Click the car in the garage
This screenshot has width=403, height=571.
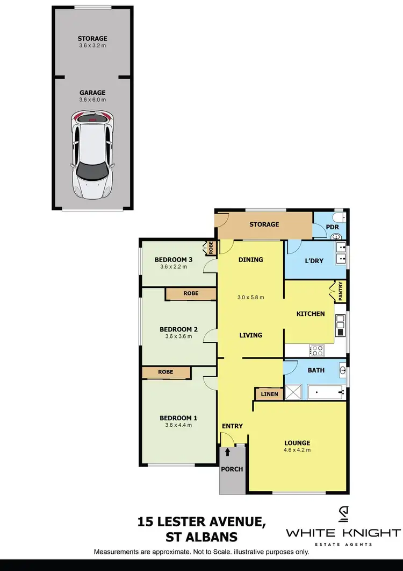pyautogui.click(x=92, y=154)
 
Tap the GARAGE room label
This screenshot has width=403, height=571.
pyautogui.click(x=92, y=93)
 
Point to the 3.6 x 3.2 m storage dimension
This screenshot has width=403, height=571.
pyautogui.click(x=92, y=46)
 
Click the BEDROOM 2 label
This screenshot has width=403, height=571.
pyautogui.click(x=178, y=329)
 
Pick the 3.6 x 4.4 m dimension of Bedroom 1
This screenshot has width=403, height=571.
pyautogui.click(x=178, y=425)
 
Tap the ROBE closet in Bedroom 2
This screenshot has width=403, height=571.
pyautogui.click(x=191, y=293)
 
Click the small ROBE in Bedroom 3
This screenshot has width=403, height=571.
pyautogui.click(x=211, y=248)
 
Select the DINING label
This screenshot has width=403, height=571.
pyautogui.click(x=250, y=259)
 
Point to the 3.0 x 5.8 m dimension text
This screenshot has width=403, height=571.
pyautogui.click(x=250, y=297)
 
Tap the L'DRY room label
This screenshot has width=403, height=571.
pyautogui.click(x=314, y=261)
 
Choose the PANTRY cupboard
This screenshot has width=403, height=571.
pyautogui.click(x=340, y=292)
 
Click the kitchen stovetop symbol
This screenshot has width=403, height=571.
pyautogui.click(x=317, y=350)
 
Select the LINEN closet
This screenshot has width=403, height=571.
pyautogui.click(x=269, y=394)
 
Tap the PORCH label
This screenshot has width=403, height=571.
pyautogui.click(x=232, y=469)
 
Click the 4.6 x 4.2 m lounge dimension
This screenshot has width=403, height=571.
pyautogui.click(x=297, y=450)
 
